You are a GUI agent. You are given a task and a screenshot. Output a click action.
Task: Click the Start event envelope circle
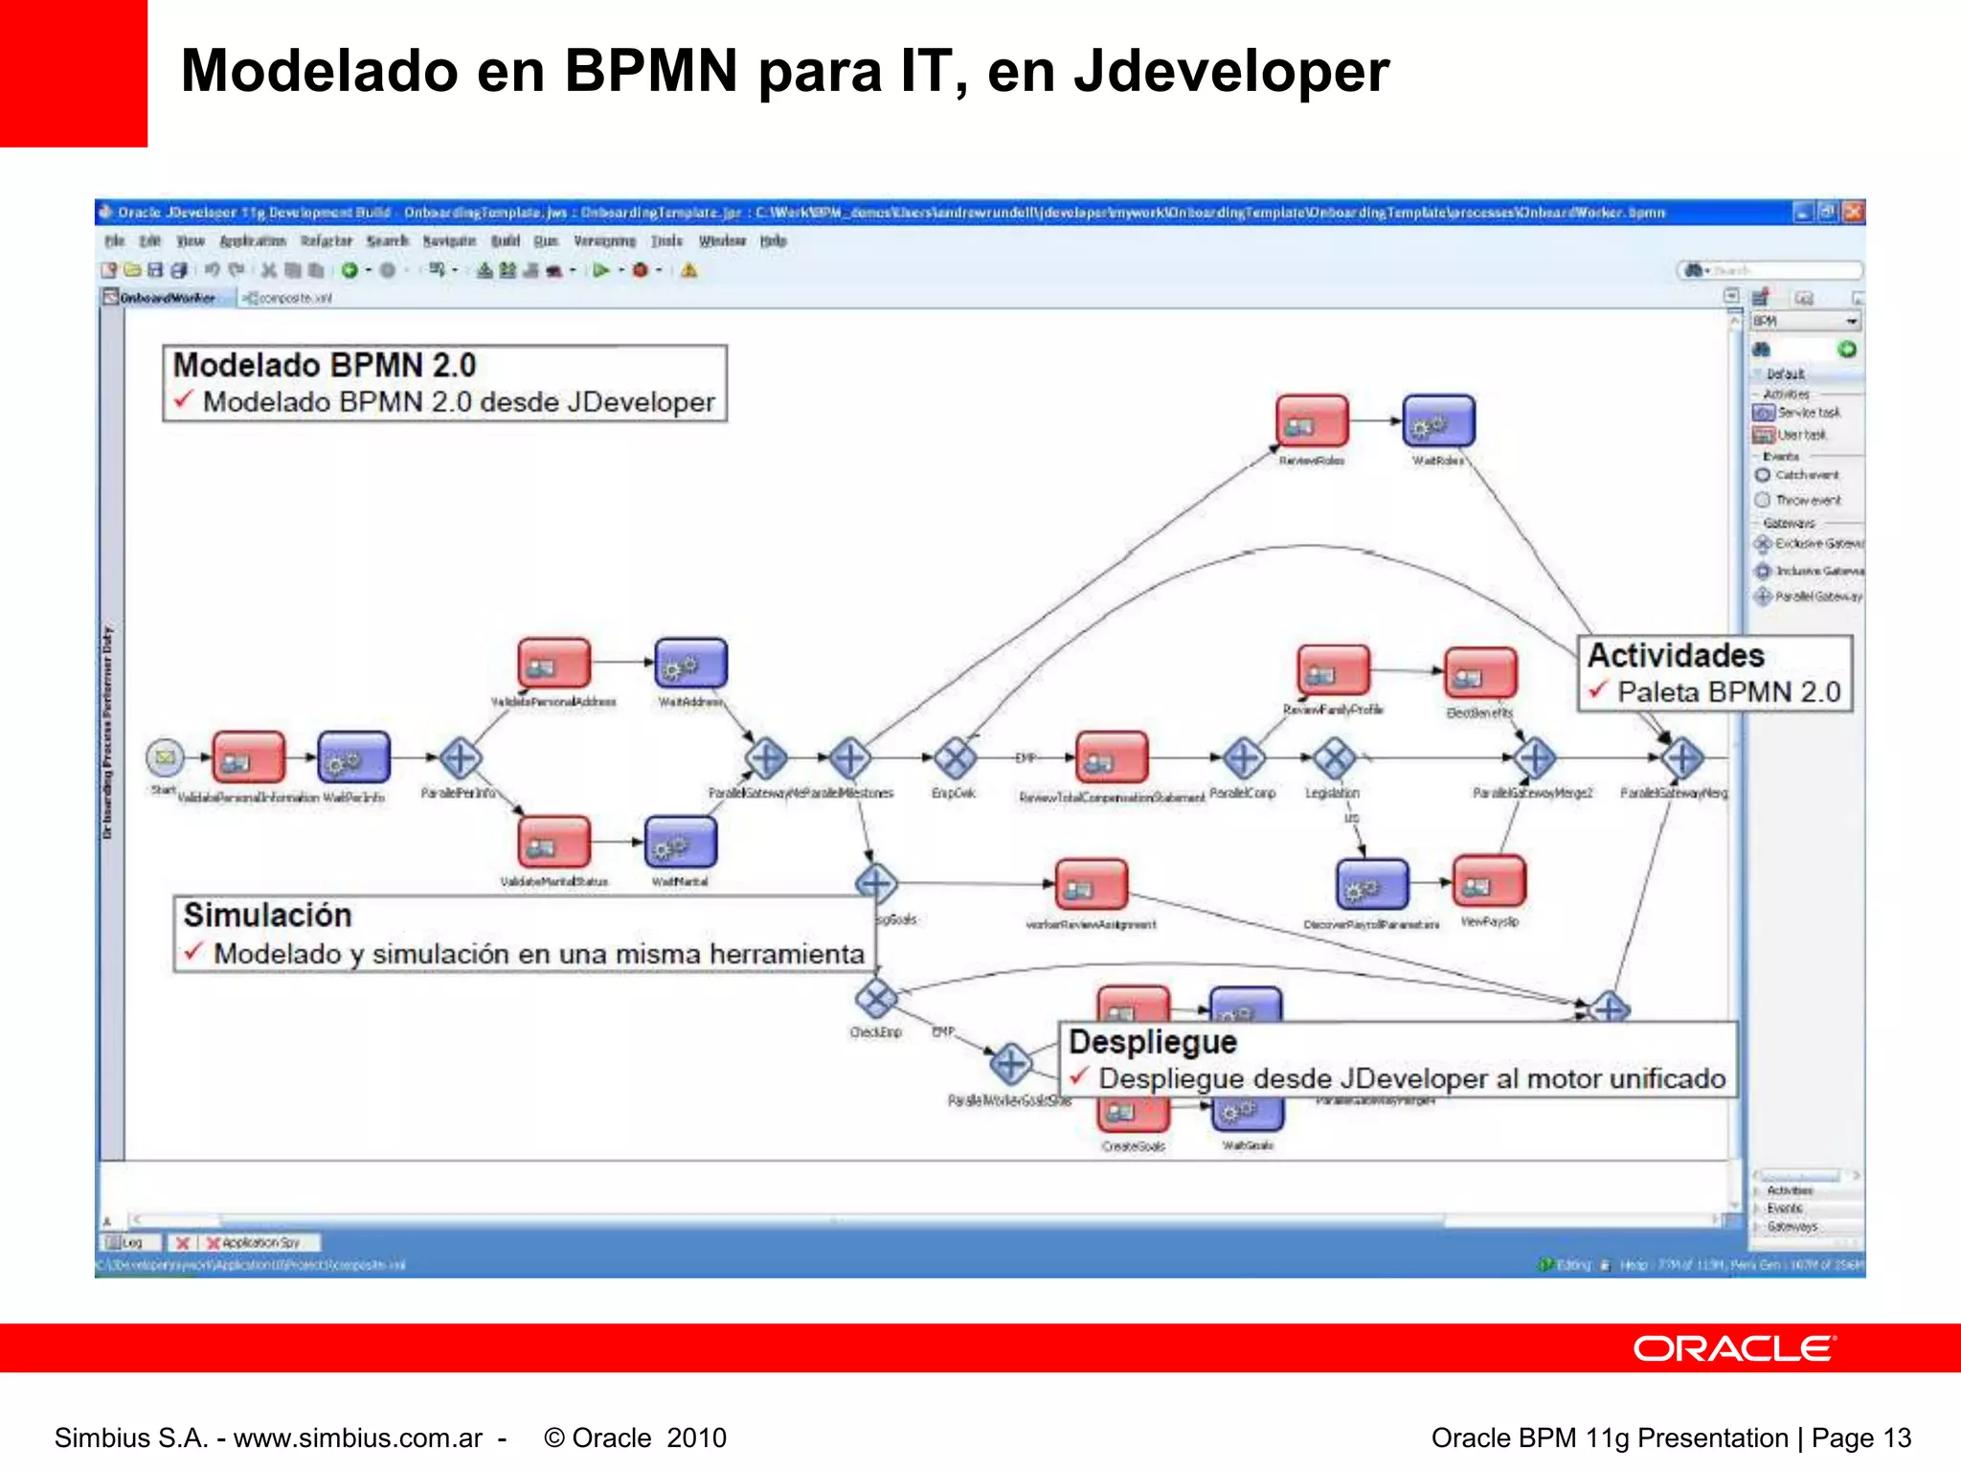coord(165,758)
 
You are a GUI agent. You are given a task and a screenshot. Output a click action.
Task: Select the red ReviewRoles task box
coord(1311,421)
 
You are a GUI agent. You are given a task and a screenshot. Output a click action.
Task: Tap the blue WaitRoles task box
coord(1438,421)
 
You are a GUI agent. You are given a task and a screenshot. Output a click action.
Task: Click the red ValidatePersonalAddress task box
coord(553,663)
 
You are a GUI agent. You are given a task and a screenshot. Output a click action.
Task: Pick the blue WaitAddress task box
coord(690,663)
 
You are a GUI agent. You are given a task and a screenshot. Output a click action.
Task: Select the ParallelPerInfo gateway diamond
coord(461,758)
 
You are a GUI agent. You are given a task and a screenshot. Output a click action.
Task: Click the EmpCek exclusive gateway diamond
coord(955,758)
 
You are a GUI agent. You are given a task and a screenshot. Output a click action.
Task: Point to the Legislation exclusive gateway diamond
coord(1334,758)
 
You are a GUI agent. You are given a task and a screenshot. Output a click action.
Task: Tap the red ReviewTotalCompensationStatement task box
coord(1111,758)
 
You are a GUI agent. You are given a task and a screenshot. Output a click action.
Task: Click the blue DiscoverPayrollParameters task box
coord(1371,884)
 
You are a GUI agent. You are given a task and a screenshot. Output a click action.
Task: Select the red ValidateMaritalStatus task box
coord(553,842)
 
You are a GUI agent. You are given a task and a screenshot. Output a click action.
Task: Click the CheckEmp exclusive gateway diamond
coord(875,999)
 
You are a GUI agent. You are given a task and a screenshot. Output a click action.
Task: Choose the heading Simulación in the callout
coord(268,916)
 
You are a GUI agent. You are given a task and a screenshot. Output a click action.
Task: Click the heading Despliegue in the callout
coord(1153,1042)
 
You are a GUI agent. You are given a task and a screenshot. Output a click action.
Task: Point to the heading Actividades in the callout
coord(1676,656)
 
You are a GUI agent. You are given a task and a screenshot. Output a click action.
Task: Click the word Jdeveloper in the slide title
coord(1231,71)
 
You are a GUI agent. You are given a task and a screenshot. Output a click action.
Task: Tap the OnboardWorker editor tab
coord(167,298)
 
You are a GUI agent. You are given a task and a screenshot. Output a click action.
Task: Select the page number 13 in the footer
coord(1897,1437)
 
